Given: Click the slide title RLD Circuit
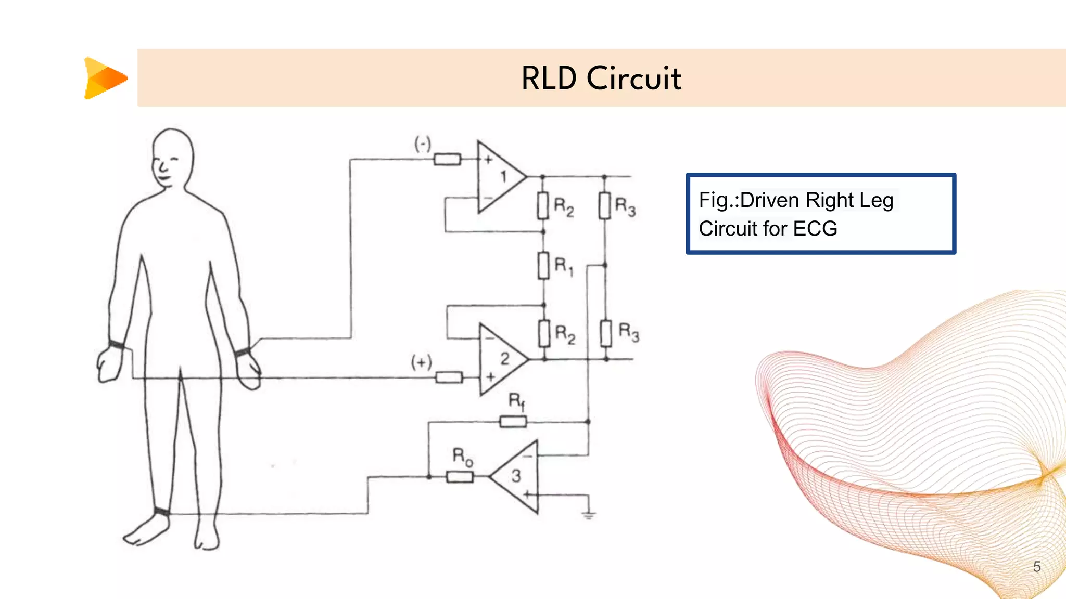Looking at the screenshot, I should pyautogui.click(x=601, y=79).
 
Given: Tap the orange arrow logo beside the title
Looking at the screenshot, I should pyautogui.click(x=105, y=78).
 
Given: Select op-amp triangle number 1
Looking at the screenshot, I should pyautogui.click(x=499, y=177).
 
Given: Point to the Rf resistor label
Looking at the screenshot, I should pyautogui.click(x=516, y=401).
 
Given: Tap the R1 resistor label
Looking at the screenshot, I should pyautogui.click(x=564, y=266).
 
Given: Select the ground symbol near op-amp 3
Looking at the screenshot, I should pyautogui.click(x=589, y=515).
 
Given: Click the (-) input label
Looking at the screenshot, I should pyautogui.click(x=423, y=144).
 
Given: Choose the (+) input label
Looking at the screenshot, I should pyautogui.click(x=421, y=362).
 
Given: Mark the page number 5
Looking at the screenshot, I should pyautogui.click(x=1036, y=566).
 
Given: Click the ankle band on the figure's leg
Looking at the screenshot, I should pyautogui.click(x=162, y=511).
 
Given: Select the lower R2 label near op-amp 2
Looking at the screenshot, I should pyautogui.click(x=565, y=334).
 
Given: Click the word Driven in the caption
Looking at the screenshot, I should pyautogui.click(x=770, y=200).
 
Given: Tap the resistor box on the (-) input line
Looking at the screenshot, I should pyautogui.click(x=447, y=159).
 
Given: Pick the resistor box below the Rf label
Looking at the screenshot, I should pyautogui.click(x=513, y=422).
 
